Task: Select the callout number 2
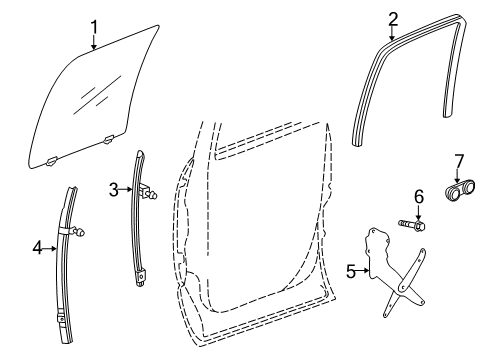[393, 17]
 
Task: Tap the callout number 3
[114, 188]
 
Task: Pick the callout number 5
[350, 268]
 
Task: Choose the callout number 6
[420, 197]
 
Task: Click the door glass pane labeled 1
[95, 95]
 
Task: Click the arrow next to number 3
[127, 188]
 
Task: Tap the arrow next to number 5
[363, 268]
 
